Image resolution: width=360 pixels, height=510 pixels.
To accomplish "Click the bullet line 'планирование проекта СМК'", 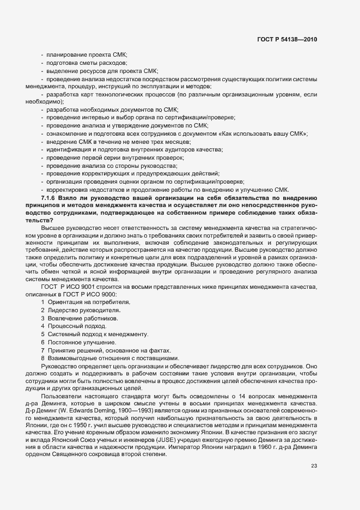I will [87, 55].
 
